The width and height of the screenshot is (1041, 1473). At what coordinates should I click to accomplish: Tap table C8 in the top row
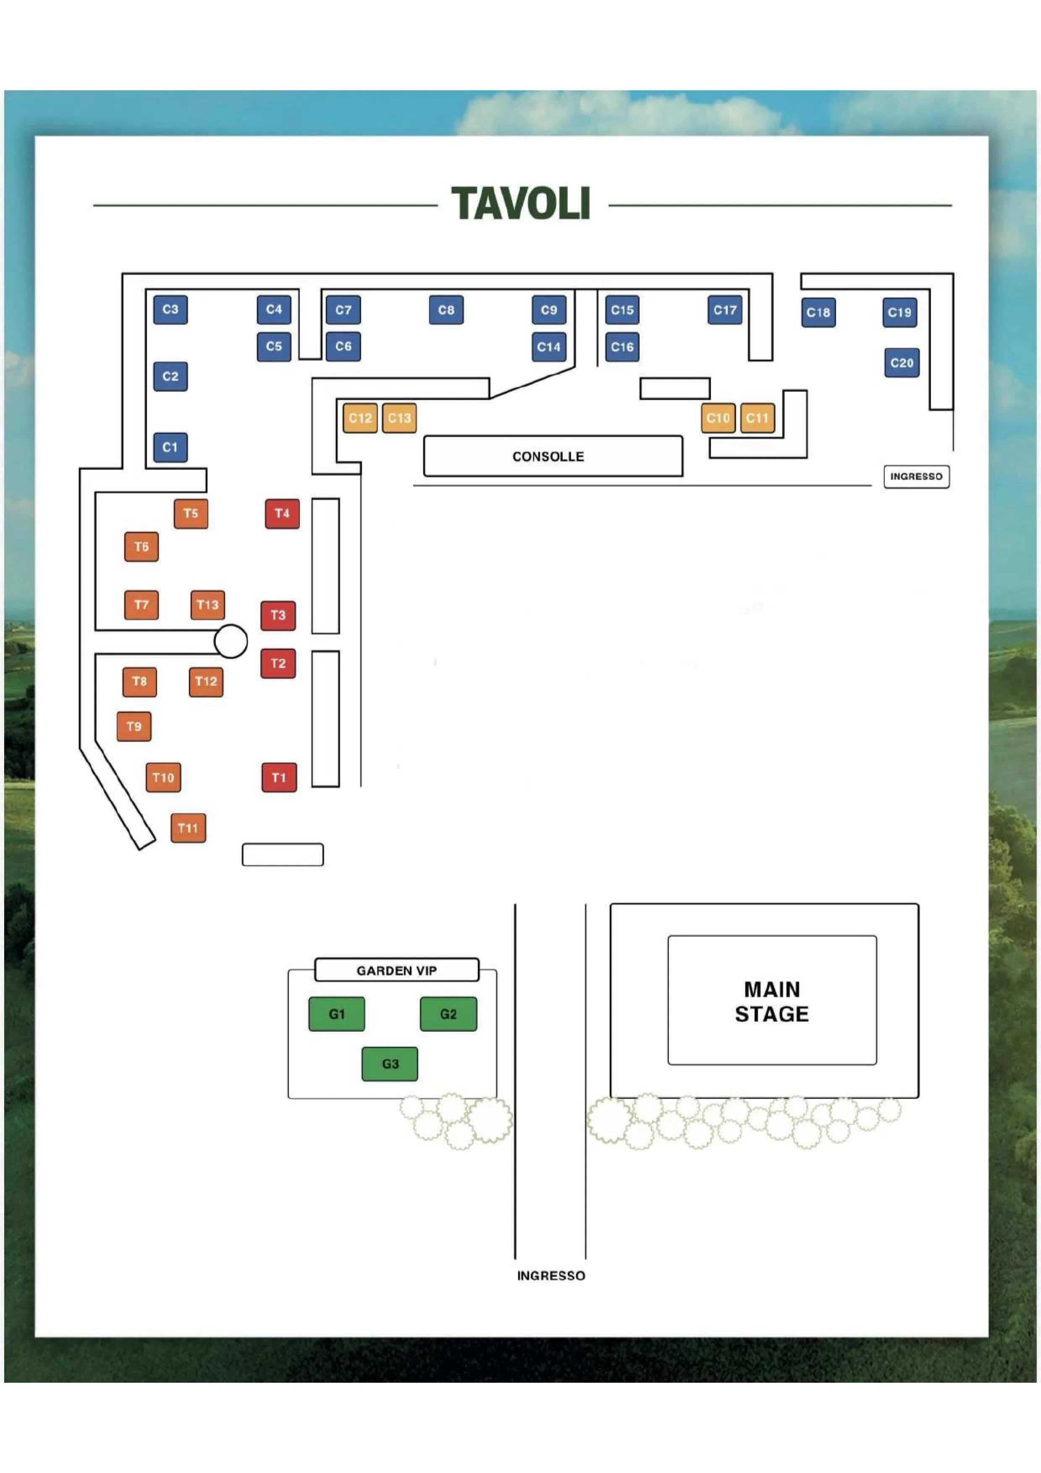(446, 310)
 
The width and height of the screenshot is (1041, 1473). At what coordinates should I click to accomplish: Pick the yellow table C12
(360, 418)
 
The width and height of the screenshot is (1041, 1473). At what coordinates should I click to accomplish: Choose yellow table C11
(758, 418)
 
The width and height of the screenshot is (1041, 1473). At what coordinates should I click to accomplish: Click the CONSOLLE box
(553, 456)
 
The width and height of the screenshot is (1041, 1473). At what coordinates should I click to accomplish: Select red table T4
(282, 513)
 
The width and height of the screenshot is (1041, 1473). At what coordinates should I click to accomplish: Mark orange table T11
(188, 828)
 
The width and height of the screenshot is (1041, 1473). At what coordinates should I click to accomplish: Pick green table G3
(390, 1064)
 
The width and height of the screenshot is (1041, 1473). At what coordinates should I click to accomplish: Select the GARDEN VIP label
(397, 970)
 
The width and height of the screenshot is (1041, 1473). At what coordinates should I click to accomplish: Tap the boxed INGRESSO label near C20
(917, 476)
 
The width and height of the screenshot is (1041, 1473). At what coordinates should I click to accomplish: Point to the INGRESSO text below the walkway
(551, 1275)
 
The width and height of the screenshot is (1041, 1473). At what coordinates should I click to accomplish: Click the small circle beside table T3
(231, 641)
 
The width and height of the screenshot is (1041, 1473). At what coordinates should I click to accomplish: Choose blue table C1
(170, 447)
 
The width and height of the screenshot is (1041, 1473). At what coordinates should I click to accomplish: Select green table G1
(337, 1014)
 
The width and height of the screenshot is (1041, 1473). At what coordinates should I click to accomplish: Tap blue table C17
(726, 310)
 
